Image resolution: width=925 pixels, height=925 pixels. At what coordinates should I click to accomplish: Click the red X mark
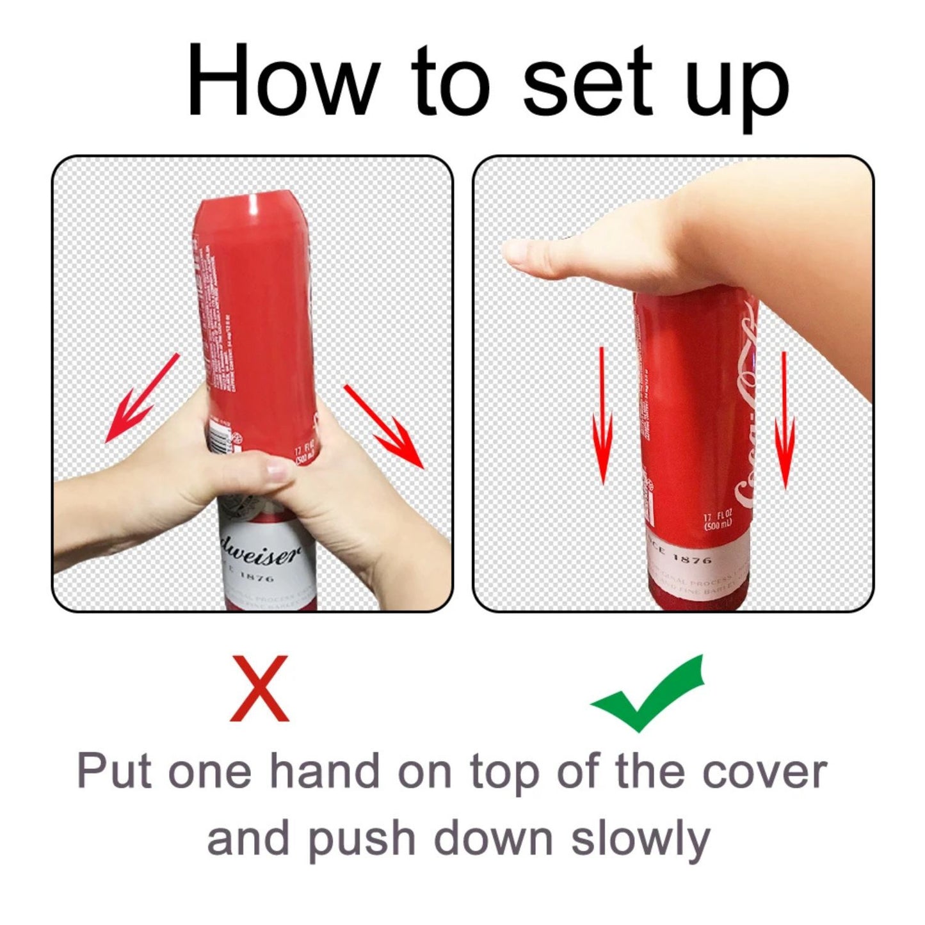[259, 688]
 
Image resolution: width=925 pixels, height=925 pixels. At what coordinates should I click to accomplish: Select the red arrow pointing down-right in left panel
[384, 426]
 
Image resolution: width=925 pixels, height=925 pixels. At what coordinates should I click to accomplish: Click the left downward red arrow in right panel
[602, 416]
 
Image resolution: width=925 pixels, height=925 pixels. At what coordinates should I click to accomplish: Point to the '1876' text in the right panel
[692, 559]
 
